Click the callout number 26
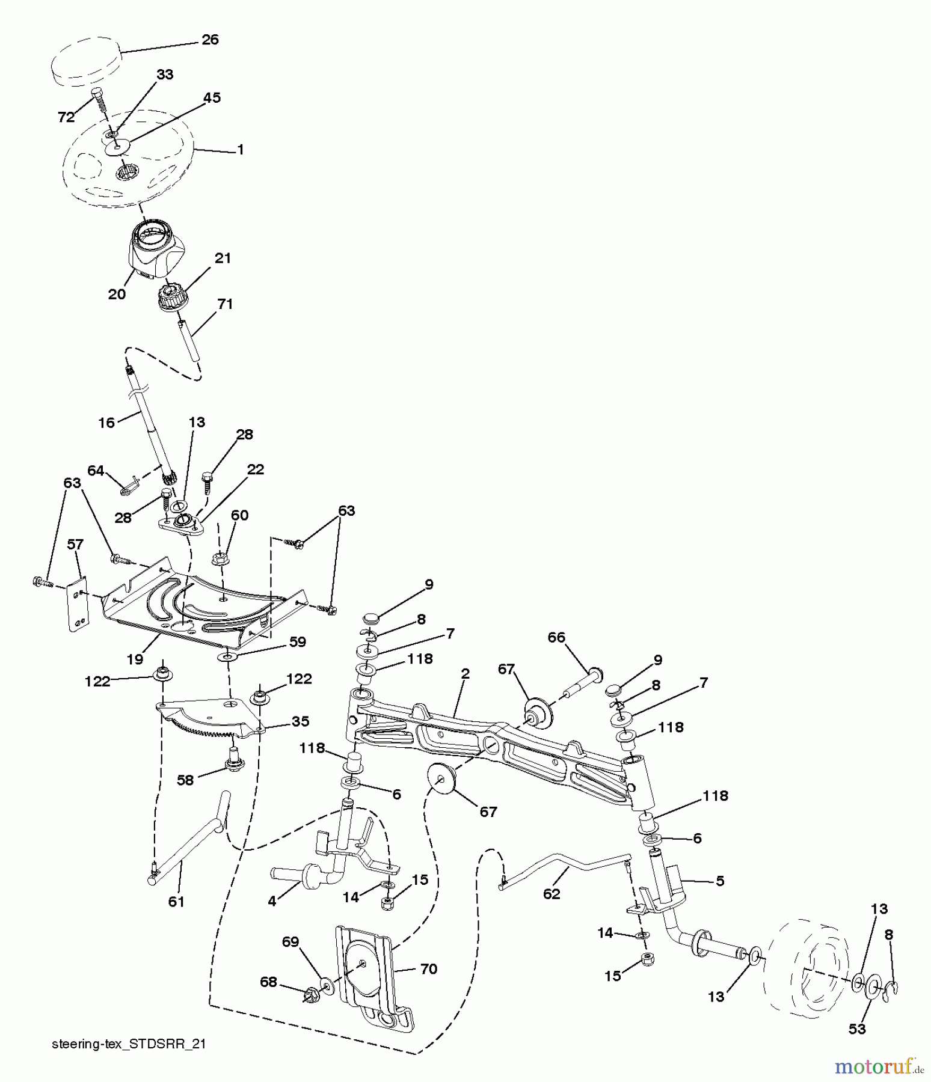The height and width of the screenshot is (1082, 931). [x=209, y=40]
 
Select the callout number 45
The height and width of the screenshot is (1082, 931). [x=212, y=97]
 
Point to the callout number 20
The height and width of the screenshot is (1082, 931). [x=117, y=294]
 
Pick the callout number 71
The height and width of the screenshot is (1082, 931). [x=224, y=304]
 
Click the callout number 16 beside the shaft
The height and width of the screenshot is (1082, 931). [x=106, y=423]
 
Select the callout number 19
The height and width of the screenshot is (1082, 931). [x=135, y=659]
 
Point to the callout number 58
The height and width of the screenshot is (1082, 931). [x=185, y=780]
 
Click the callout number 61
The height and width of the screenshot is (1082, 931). [x=176, y=901]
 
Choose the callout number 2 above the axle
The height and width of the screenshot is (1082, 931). [x=464, y=674]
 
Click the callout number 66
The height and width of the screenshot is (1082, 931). [x=556, y=637]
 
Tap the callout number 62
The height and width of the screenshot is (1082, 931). [x=551, y=894]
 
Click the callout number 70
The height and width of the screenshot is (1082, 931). [x=429, y=968]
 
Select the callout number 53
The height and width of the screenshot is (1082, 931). [x=857, y=1029]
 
